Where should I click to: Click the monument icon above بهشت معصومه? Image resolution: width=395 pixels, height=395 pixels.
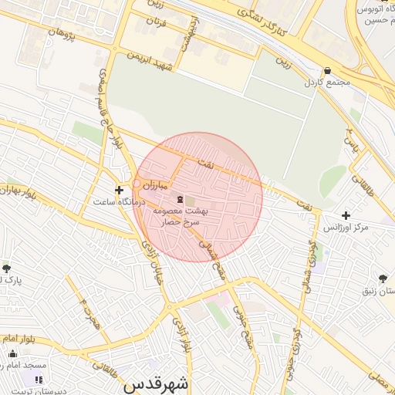click(170, 199)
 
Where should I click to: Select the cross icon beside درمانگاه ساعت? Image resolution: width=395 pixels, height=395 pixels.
click(118, 190)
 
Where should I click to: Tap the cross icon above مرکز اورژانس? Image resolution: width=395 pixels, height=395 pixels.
click(345, 216)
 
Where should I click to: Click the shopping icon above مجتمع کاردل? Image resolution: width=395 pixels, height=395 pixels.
click(328, 71)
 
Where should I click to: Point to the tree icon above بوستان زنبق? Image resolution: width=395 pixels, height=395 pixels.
click(383, 279)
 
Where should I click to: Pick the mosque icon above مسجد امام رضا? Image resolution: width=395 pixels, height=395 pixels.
click(12, 353)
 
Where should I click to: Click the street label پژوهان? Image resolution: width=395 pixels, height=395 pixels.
click(63, 32)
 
